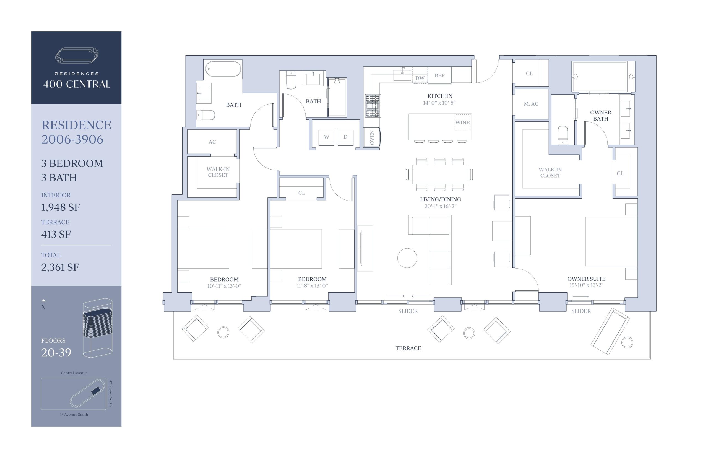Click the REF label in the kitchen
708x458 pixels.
(439, 76)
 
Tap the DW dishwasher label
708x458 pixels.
(420, 78)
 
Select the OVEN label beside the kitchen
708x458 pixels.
(372, 138)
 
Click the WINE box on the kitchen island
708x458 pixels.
(462, 122)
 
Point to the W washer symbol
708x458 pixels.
(327, 137)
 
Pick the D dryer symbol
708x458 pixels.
(345, 137)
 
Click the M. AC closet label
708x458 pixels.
(531, 104)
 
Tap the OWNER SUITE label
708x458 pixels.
(586, 279)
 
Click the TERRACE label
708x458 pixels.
(408, 348)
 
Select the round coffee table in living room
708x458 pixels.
(407, 258)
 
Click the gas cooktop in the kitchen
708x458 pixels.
(373, 106)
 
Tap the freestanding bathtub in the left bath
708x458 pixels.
(223, 69)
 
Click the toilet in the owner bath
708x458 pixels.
(563, 135)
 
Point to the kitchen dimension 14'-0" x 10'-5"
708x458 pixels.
(439, 103)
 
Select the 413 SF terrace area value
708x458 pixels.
(56, 234)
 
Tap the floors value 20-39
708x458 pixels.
(56, 352)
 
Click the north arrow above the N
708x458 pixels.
(43, 300)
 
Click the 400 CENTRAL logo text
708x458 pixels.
(77, 84)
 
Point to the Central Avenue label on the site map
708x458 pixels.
(74, 373)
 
